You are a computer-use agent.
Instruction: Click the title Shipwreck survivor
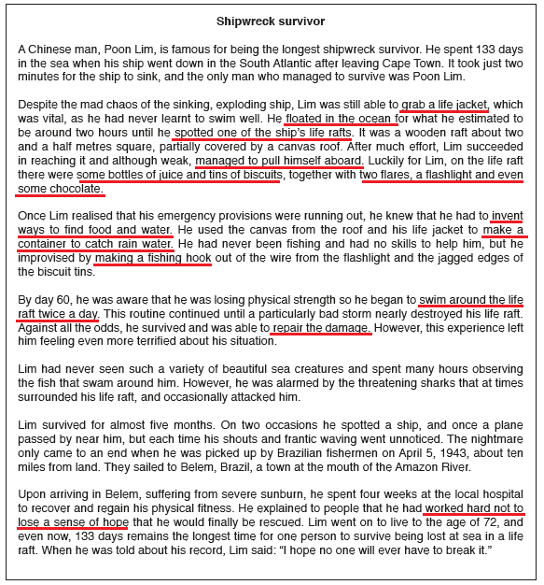[272, 20]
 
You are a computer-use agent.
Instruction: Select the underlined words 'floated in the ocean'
[341, 119]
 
